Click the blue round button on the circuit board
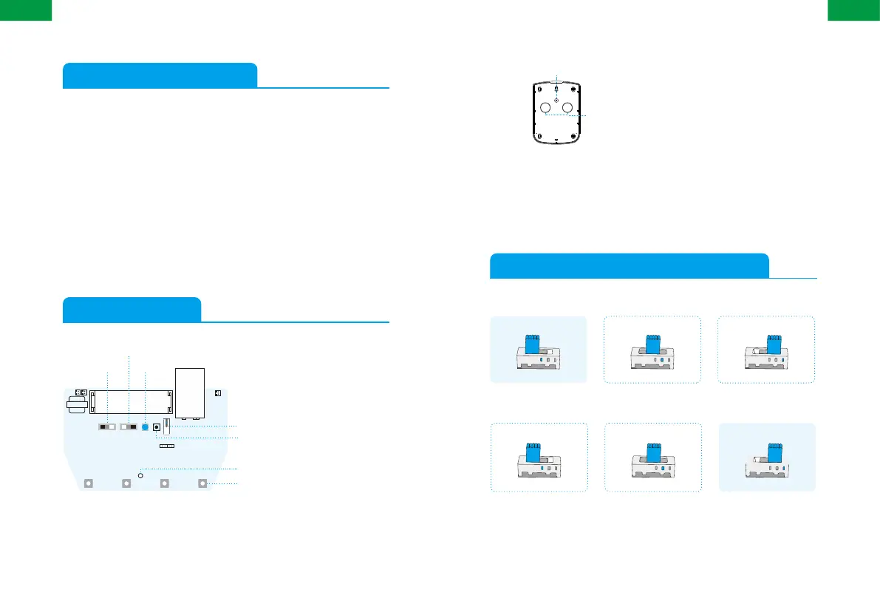pyautogui.click(x=146, y=427)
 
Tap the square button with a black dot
pyautogui.click(x=156, y=427)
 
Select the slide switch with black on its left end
pyautogui.click(x=107, y=427)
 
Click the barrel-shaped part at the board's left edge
pyautogui.click(x=75, y=405)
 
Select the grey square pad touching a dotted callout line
pyautogui.click(x=203, y=484)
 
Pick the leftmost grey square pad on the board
pyautogui.click(x=88, y=484)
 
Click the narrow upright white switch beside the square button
pyautogui.click(x=166, y=426)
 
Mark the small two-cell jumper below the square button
pyautogui.click(x=166, y=446)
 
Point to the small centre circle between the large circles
pyautogui.click(x=556, y=98)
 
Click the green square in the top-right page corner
pyautogui.click(x=853, y=9)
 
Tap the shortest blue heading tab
pyautogui.click(x=132, y=309)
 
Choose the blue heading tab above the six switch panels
pyautogui.click(x=629, y=265)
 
